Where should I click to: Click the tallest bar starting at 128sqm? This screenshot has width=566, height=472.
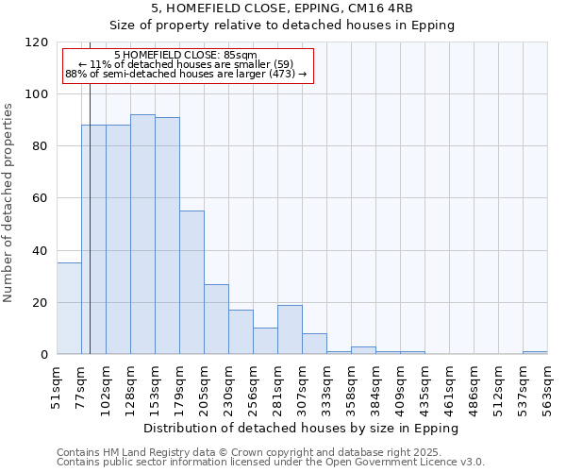142,234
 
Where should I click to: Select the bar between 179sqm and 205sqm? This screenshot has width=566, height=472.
191,282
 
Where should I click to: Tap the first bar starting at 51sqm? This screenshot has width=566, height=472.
69,309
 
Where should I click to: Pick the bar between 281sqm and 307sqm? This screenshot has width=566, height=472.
290,329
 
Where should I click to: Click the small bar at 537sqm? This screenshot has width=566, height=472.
535,352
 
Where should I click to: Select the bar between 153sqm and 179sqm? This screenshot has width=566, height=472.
167,236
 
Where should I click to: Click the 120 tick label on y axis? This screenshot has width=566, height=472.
37,42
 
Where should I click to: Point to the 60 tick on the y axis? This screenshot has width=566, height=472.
41,198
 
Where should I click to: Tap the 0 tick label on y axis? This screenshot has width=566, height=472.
44,355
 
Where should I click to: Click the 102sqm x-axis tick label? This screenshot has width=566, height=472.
107,384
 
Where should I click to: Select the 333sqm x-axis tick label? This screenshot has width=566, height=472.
326,384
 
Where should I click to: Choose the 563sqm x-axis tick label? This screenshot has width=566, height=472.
547,384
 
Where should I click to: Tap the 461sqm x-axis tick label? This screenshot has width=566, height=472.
449,384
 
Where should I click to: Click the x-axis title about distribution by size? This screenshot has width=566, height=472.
302,428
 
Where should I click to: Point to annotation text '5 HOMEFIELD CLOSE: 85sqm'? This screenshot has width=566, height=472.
185,56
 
